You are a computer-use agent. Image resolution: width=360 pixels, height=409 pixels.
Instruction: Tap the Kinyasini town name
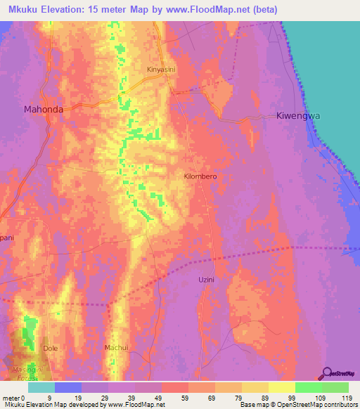pyautogui.click(x=161, y=70)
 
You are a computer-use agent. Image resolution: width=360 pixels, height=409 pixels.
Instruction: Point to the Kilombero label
pyautogui.click(x=200, y=176)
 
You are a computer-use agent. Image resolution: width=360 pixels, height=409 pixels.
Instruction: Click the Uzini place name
pyautogui.click(x=205, y=279)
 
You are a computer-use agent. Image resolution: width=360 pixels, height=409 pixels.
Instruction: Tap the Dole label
pyautogui.click(x=51, y=348)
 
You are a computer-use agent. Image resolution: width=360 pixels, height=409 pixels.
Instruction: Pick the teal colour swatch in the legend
pyautogui.click(x=41, y=387)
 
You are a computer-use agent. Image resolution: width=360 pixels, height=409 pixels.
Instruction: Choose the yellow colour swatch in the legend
pyautogui.click(x=281, y=387)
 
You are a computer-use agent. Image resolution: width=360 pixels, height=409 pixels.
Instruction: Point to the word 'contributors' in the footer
pyautogui.click(x=340, y=405)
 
